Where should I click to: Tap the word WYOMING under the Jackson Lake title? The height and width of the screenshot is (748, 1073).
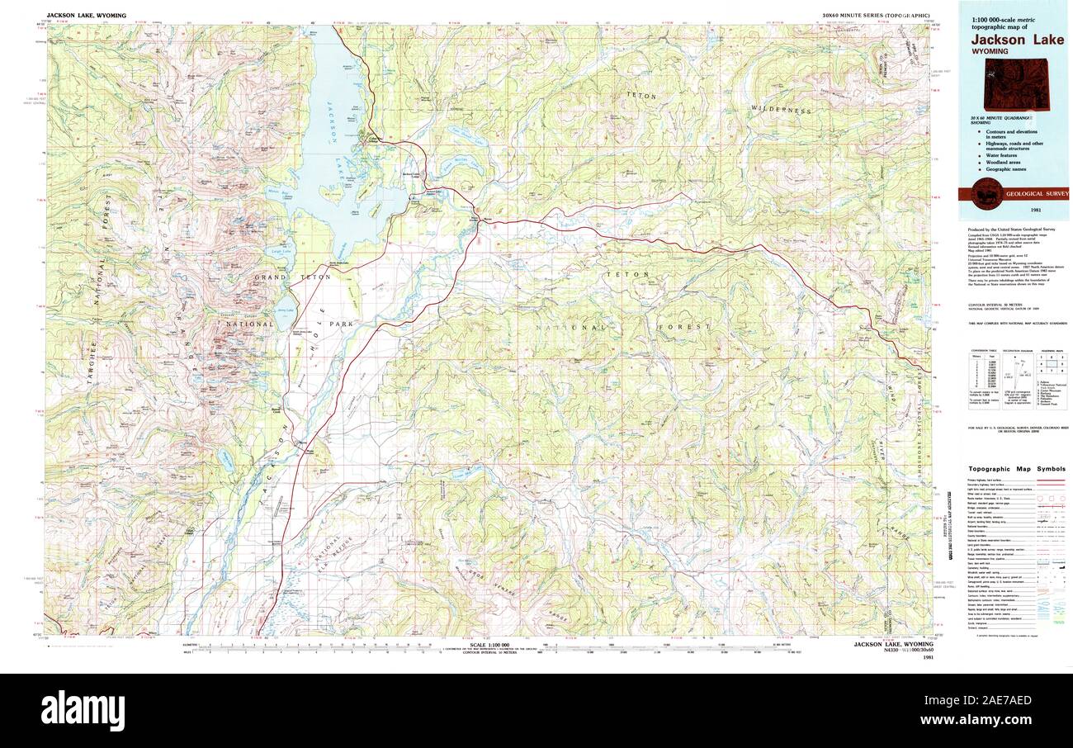990,51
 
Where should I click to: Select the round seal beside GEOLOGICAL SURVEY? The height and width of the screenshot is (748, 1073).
987,193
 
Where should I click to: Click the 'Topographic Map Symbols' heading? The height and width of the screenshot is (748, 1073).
1017,468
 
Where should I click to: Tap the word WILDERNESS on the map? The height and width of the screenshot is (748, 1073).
780,110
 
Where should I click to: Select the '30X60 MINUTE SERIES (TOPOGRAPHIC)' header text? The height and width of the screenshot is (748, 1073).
877,16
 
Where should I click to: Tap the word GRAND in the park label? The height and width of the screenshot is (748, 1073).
269,278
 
